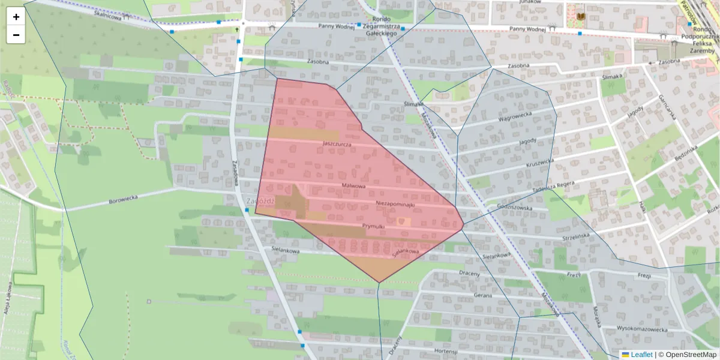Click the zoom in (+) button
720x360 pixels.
pos(16,17)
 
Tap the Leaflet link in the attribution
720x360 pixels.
pos(641,355)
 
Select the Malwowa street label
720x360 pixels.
pos(353,186)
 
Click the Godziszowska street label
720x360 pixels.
pos(515,208)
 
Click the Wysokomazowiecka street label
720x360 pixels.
pos(642,329)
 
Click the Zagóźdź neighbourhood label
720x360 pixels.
pos(260,202)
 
